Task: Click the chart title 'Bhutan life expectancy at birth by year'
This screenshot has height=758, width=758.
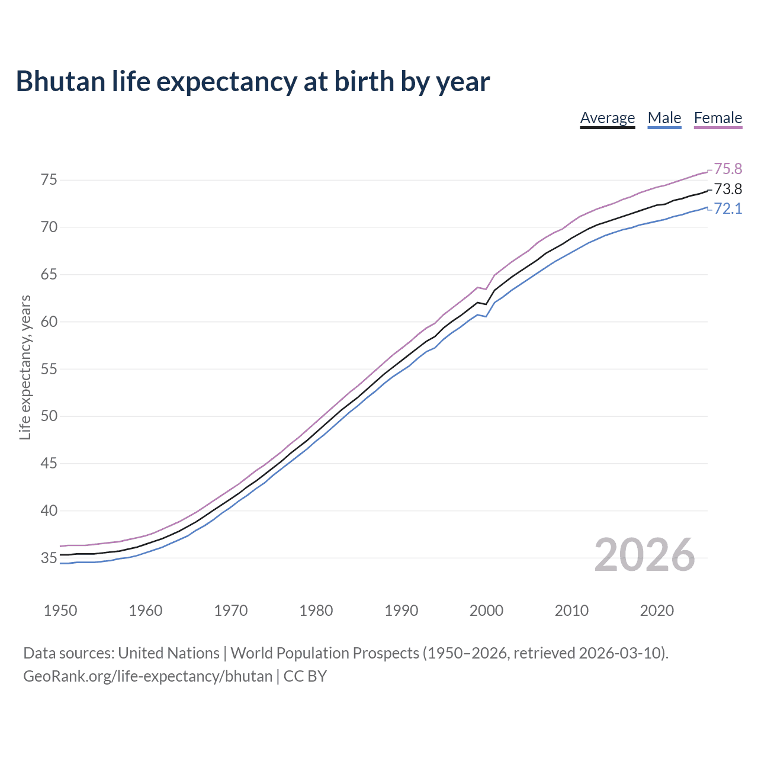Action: [253, 82]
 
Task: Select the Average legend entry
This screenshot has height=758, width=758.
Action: [607, 118]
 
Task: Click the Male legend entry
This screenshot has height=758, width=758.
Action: [664, 118]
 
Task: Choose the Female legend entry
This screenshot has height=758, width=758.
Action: [718, 118]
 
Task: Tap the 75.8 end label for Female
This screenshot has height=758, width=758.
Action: [727, 169]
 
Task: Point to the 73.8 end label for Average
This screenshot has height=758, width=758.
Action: [727, 189]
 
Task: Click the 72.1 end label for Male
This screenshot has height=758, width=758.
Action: [727, 209]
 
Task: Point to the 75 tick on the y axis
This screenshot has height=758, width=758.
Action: [49, 180]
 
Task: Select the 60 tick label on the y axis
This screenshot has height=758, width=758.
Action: [49, 322]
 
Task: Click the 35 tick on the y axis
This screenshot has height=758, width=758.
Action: [49, 558]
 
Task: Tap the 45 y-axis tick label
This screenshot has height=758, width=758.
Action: [49, 464]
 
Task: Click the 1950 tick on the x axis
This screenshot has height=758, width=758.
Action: [60, 611]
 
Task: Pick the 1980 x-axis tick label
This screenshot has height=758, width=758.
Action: [316, 611]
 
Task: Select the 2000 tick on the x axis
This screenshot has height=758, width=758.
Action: [486, 611]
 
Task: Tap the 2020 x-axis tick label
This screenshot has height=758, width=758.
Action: [657, 611]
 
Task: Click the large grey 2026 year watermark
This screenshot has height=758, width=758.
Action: [644, 555]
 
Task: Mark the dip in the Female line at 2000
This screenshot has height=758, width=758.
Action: [486, 289]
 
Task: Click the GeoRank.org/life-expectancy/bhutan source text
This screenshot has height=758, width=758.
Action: [147, 676]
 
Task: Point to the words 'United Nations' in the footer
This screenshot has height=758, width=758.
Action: [169, 653]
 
